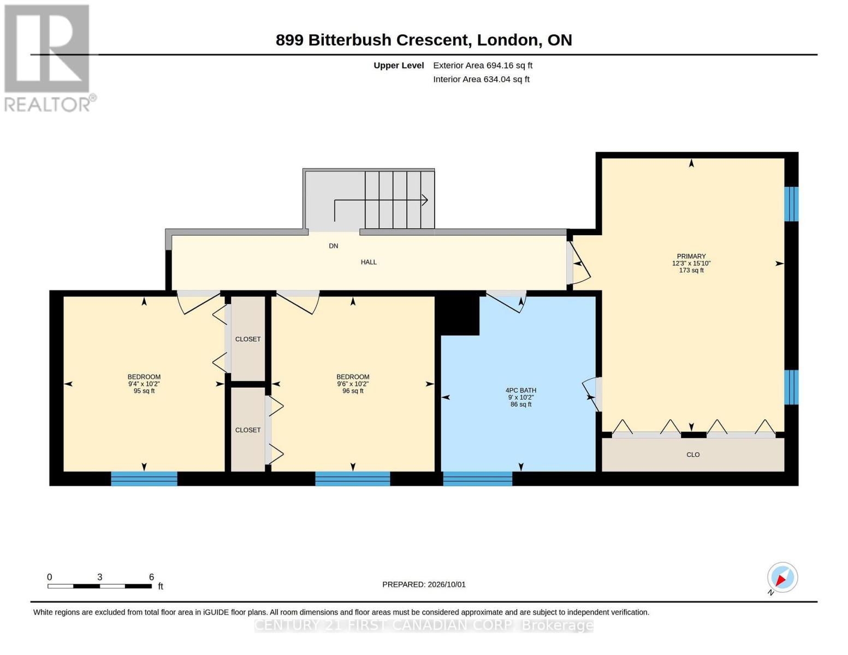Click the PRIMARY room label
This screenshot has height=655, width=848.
(x=691, y=256)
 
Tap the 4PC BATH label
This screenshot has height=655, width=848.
(x=520, y=390)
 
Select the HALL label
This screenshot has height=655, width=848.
(x=369, y=262)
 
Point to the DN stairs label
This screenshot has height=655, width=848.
(x=333, y=246)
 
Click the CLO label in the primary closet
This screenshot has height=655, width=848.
(x=693, y=455)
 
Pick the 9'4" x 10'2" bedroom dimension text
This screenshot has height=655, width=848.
(x=144, y=384)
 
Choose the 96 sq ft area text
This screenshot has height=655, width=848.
(x=353, y=391)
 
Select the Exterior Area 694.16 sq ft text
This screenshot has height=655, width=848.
(x=482, y=65)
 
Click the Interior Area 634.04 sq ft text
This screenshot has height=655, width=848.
(x=481, y=79)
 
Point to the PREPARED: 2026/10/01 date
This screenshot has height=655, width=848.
(x=424, y=585)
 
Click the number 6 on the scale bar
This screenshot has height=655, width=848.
(x=151, y=576)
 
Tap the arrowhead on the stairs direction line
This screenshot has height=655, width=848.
(x=425, y=200)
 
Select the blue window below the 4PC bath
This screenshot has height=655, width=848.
(x=477, y=478)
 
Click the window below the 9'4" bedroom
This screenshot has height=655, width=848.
(x=144, y=478)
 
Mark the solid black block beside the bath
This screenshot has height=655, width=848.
(x=457, y=315)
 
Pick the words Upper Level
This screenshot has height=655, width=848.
(x=399, y=65)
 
